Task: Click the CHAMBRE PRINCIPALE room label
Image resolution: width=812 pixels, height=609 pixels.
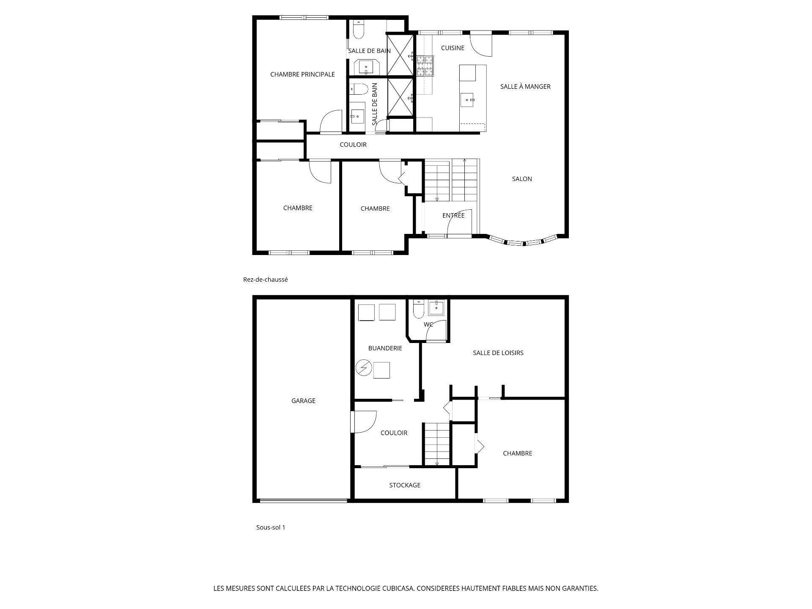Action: pyautogui.click(x=302, y=74)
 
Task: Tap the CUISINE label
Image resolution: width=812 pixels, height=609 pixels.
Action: pyautogui.click(x=453, y=48)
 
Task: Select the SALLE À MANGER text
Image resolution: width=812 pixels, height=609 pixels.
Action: pyautogui.click(x=525, y=86)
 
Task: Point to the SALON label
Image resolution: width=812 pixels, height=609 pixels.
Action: pyautogui.click(x=522, y=179)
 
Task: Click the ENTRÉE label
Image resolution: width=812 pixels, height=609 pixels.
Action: pyautogui.click(x=453, y=215)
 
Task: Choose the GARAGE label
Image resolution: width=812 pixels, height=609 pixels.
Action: pyautogui.click(x=303, y=401)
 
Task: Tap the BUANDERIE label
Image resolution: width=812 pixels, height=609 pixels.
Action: pyautogui.click(x=385, y=348)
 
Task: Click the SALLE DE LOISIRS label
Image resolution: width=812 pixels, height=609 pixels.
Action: pyautogui.click(x=498, y=353)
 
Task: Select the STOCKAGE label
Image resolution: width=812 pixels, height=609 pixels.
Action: pyautogui.click(x=405, y=485)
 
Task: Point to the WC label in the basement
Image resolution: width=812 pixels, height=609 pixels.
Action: pyautogui.click(x=428, y=324)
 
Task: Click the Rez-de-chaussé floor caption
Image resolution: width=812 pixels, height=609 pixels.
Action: pyautogui.click(x=266, y=280)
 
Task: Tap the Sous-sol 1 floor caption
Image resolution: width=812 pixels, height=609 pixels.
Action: pyautogui.click(x=271, y=527)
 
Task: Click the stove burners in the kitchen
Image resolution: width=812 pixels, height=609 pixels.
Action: pyautogui.click(x=425, y=66)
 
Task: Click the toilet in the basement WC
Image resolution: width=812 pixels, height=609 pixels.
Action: pyautogui.click(x=418, y=309)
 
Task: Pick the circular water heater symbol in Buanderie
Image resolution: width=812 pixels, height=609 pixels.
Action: pyautogui.click(x=363, y=368)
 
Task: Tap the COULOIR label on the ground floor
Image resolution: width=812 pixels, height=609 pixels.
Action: pyautogui.click(x=353, y=145)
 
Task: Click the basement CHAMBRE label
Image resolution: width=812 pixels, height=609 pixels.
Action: pyautogui.click(x=517, y=453)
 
